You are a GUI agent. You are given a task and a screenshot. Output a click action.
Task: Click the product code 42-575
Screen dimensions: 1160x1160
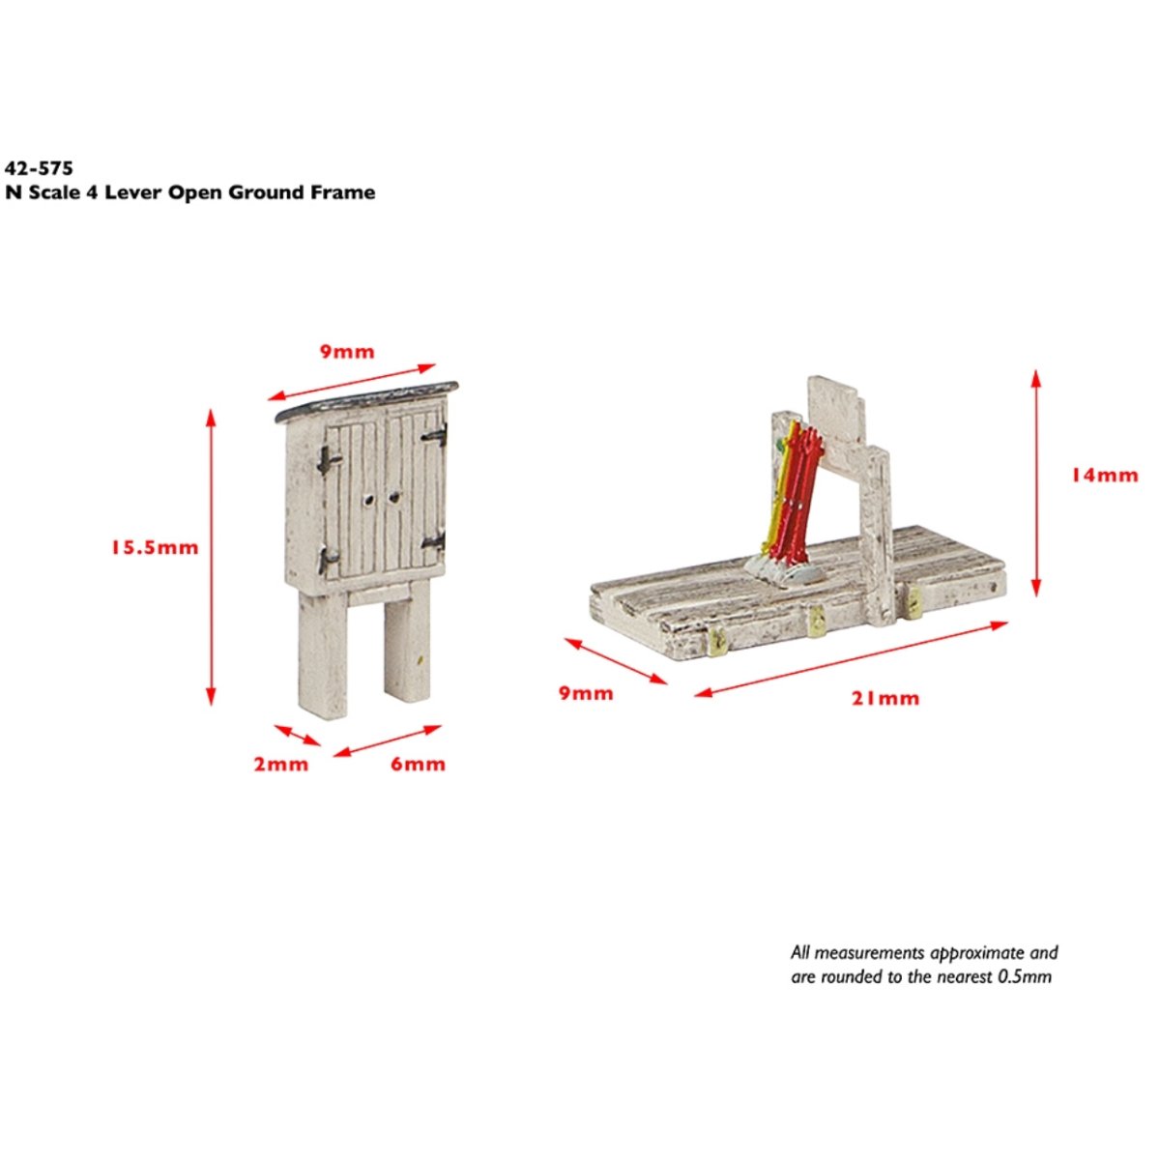tap(39, 168)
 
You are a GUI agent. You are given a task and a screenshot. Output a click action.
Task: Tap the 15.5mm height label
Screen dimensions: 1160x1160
tap(153, 548)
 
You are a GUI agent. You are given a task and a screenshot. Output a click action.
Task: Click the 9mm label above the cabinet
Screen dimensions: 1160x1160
tap(347, 351)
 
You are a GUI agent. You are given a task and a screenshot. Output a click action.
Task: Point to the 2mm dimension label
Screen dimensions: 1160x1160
tap(281, 765)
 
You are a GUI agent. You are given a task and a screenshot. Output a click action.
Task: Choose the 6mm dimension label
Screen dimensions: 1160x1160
tap(418, 765)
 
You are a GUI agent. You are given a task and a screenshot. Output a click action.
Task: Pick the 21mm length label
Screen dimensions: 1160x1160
tap(885, 698)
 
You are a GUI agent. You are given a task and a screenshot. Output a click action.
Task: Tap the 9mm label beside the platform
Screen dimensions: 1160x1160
tap(586, 693)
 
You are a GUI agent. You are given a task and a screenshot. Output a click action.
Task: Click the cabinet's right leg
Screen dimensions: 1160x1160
tap(407, 648)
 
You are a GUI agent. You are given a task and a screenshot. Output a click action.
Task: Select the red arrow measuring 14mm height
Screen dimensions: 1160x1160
tap(1036, 482)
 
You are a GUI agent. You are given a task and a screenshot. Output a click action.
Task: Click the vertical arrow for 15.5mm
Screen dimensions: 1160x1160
tap(211, 557)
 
